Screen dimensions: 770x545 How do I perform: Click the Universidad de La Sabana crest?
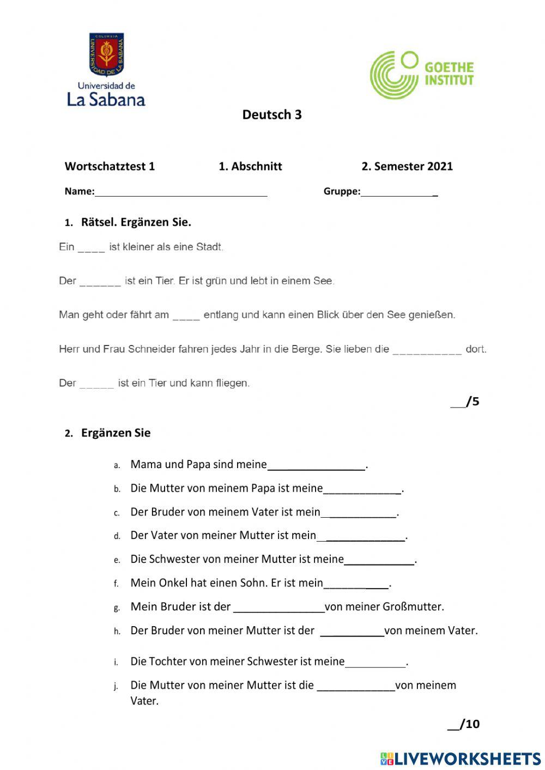click(107, 54)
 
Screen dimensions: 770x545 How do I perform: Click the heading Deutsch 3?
click(272, 114)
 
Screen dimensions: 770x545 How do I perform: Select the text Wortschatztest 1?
click(110, 166)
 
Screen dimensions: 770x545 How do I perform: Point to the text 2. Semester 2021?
click(407, 166)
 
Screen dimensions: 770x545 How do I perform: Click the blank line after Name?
click(181, 192)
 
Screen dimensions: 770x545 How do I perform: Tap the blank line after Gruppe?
click(399, 192)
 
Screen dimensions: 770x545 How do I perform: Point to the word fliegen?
click(233, 383)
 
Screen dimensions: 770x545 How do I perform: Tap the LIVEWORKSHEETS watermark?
click(461, 759)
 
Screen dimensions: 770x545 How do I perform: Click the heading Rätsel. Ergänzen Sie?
click(136, 222)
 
